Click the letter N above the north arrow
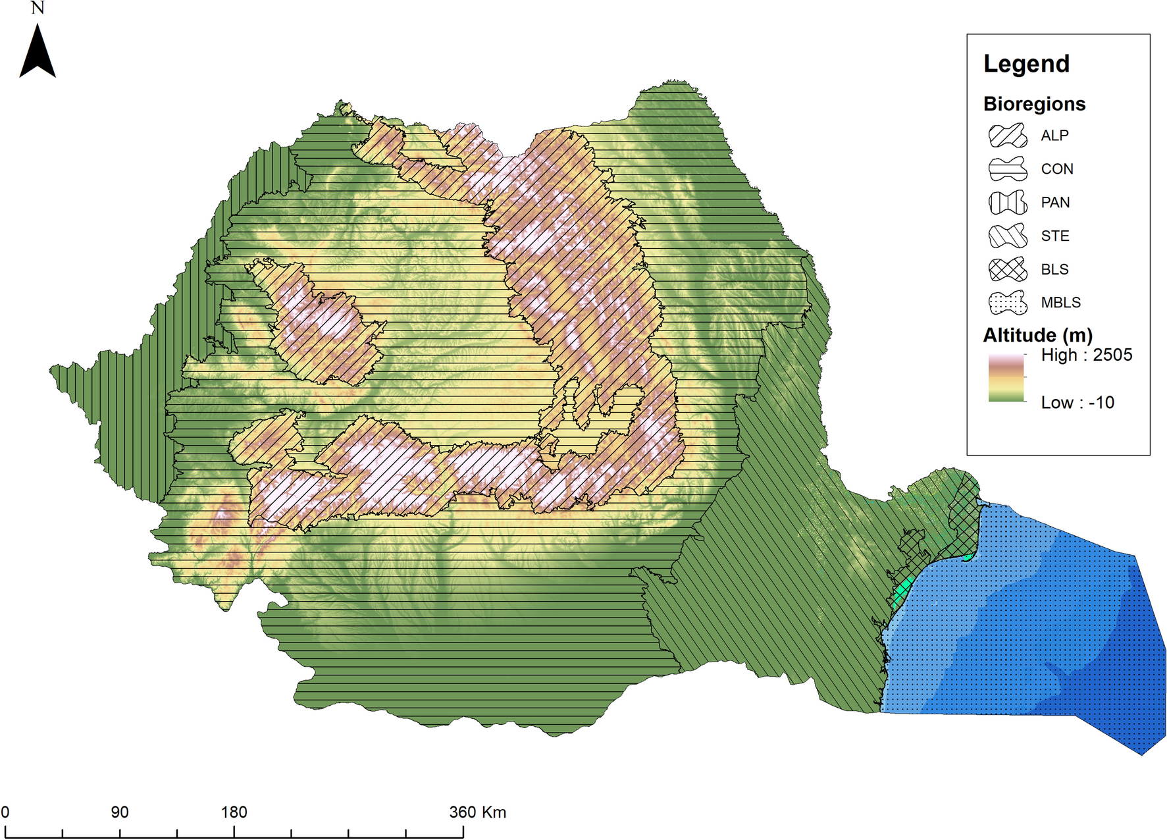click(38, 8)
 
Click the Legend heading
click(1026, 64)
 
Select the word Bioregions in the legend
click(1033, 104)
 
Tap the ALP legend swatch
click(1007, 136)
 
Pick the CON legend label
click(1056, 169)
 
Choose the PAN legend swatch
click(1007, 203)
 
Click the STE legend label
click(1054, 236)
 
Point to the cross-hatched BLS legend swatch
click(1007, 269)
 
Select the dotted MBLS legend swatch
click(1007, 303)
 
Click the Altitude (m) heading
click(1037, 335)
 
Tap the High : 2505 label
click(1086, 355)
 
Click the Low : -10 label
click(1077, 402)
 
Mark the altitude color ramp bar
click(1006, 378)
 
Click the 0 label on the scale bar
click(5, 812)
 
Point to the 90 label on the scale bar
click(120, 812)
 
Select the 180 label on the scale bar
click(234, 812)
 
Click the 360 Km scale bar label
click(478, 812)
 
